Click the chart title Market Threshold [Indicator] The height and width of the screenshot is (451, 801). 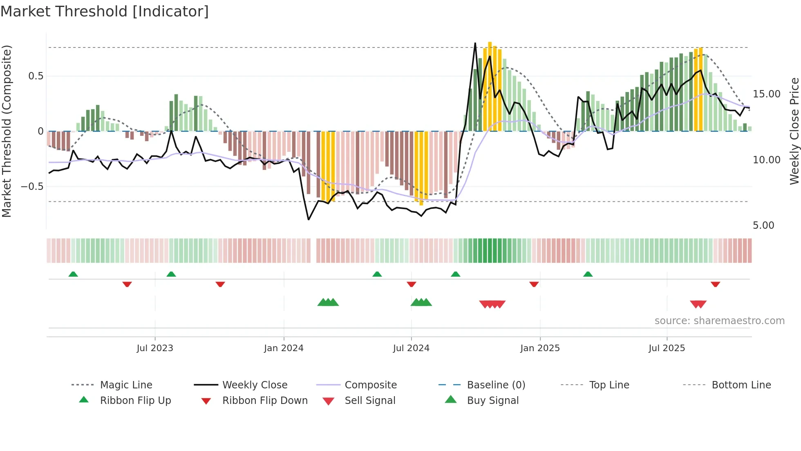(x=105, y=11)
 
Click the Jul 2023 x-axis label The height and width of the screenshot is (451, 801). (x=155, y=348)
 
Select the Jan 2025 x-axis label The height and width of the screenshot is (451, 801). (x=540, y=348)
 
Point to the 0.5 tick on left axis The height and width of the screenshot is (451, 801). (x=36, y=76)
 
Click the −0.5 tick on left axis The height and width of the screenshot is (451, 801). (x=32, y=187)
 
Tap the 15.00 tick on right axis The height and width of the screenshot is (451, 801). (x=766, y=94)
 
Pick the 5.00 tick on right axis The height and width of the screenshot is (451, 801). (x=763, y=226)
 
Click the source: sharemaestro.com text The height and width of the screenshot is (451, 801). (x=719, y=320)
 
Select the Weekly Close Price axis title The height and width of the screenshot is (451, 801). (x=794, y=131)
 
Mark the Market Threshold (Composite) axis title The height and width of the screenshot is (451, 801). (x=7, y=131)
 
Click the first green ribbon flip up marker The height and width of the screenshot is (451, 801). (x=73, y=274)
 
